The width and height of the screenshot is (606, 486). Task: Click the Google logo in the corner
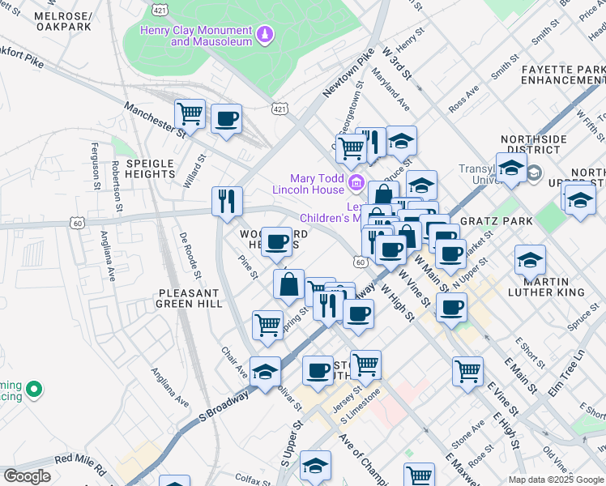click(x=26, y=476)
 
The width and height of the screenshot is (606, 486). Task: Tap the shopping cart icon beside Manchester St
click(x=190, y=114)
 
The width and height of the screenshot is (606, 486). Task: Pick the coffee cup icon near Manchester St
click(x=226, y=118)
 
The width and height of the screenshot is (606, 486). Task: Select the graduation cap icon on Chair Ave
click(x=265, y=371)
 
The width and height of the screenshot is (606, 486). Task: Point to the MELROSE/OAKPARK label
click(x=63, y=21)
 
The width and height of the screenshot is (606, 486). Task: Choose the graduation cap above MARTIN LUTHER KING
click(x=529, y=259)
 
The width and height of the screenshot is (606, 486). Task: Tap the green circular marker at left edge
click(x=34, y=390)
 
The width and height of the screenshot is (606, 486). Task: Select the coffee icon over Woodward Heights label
click(x=276, y=241)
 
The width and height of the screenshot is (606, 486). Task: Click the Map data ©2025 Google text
click(x=556, y=480)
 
